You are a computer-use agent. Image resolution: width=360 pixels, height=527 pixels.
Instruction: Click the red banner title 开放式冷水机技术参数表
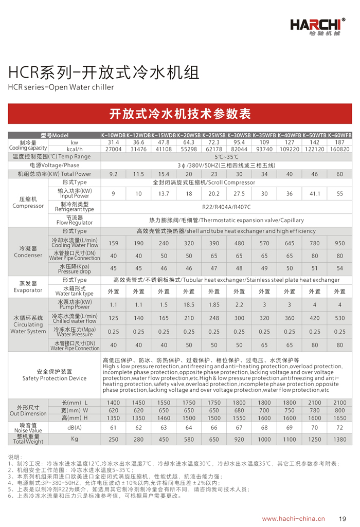[x=180, y=114]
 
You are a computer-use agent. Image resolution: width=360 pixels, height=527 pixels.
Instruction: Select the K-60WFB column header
[x=339, y=135]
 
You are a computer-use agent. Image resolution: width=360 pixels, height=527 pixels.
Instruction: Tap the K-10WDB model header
[x=113, y=135]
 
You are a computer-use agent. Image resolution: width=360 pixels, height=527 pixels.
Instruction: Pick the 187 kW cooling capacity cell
[x=339, y=142]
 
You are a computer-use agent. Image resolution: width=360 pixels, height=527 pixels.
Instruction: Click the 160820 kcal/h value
[x=339, y=149]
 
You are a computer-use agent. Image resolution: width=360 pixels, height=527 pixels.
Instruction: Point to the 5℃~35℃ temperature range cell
[x=226, y=156]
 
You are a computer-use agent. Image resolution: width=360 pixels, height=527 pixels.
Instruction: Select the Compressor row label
[x=28, y=203]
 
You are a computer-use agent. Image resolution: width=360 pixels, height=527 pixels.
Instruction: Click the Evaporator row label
[x=28, y=287]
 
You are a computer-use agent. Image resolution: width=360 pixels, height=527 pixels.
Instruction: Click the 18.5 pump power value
[x=189, y=305]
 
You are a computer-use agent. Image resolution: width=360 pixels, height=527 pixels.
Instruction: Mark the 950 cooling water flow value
[x=339, y=243]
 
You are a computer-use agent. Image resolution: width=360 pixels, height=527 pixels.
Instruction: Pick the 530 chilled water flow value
[x=339, y=318]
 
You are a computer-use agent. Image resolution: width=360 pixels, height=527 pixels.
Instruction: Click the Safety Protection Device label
[x=55, y=375]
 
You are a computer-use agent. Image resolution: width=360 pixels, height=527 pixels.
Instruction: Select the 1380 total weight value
[x=339, y=440]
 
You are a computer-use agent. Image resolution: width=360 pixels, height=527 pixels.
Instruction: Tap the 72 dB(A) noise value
[x=339, y=428]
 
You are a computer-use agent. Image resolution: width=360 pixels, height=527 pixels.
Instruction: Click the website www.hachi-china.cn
[x=293, y=519]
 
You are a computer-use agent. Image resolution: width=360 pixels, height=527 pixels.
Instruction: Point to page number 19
[x=343, y=519]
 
